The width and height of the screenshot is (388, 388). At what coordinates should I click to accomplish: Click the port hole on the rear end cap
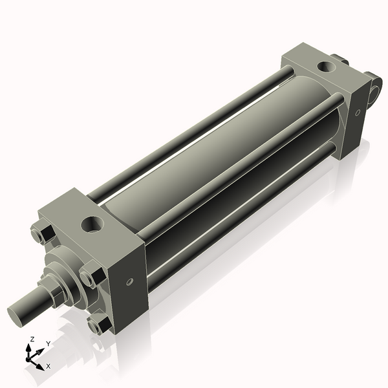tap(325, 66)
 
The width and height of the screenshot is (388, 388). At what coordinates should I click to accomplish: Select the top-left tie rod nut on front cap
tap(41, 232)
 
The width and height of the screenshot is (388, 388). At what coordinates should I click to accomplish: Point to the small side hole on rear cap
tap(357, 111)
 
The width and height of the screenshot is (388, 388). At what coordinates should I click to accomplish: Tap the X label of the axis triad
tap(47, 366)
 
